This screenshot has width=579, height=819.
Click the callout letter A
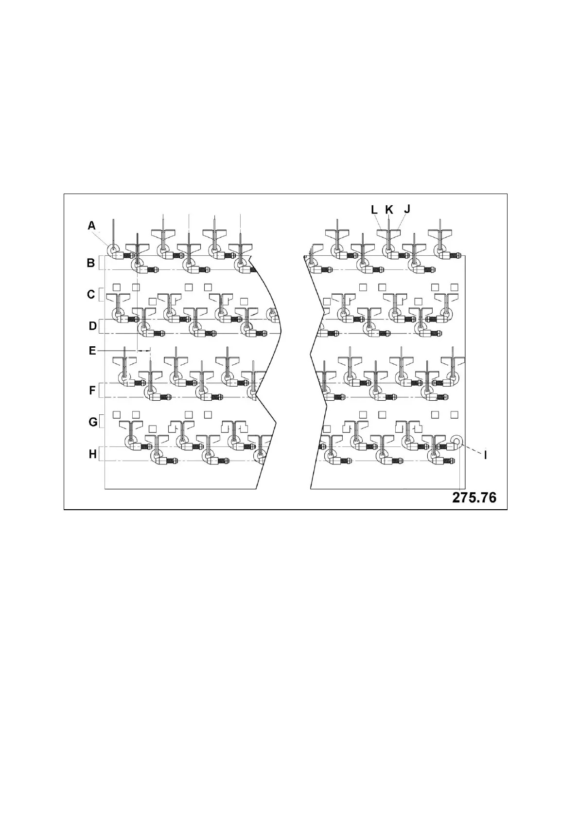point(92,225)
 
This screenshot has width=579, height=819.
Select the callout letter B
point(91,263)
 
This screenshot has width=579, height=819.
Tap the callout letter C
point(91,295)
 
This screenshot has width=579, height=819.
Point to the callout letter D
point(92,326)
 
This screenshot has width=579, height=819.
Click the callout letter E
point(92,350)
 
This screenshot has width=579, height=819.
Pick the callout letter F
point(92,391)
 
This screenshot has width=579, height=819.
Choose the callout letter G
point(93,422)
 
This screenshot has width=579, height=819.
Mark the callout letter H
point(92,454)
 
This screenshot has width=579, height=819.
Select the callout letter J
point(407,209)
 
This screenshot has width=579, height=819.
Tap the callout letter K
point(389,210)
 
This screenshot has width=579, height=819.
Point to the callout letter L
point(374,210)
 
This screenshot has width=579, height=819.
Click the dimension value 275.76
point(474,498)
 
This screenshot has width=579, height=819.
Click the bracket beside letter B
point(100,263)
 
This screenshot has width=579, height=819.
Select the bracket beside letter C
point(100,295)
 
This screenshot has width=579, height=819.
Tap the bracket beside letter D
point(100,326)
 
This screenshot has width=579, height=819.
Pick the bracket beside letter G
point(100,422)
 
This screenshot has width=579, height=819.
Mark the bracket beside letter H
point(100,454)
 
